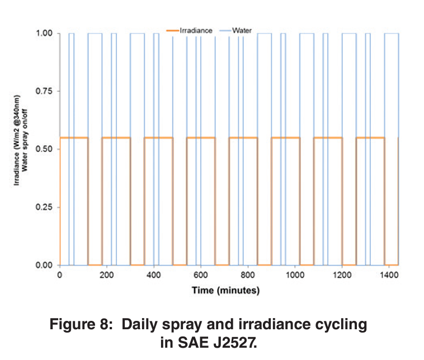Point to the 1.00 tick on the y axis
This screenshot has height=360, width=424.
pyautogui.click(x=45, y=34)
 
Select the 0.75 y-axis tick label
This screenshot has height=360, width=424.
pyautogui.click(x=45, y=91)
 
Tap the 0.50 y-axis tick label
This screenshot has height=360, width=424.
pyautogui.click(x=45, y=149)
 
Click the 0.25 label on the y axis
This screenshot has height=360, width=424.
pyautogui.click(x=45, y=207)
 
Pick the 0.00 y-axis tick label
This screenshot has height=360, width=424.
pyautogui.click(x=45, y=265)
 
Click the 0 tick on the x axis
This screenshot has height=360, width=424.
pyautogui.click(x=59, y=275)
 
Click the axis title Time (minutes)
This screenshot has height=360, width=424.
pyautogui.click(x=225, y=290)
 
